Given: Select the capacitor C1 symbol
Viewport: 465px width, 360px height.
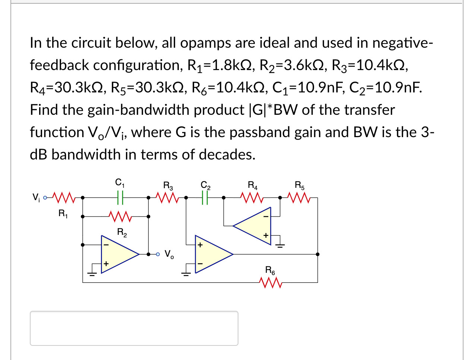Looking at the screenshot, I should click(120, 197).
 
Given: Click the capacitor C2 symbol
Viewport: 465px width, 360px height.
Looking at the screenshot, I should click(205, 197).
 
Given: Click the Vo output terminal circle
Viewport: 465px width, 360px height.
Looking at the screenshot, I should click(158, 255).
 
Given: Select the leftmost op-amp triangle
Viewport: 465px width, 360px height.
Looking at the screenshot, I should click(117, 254).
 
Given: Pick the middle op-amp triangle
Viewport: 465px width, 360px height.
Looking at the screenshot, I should click(212, 254).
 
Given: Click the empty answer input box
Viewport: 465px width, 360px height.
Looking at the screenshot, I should click(134, 328).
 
